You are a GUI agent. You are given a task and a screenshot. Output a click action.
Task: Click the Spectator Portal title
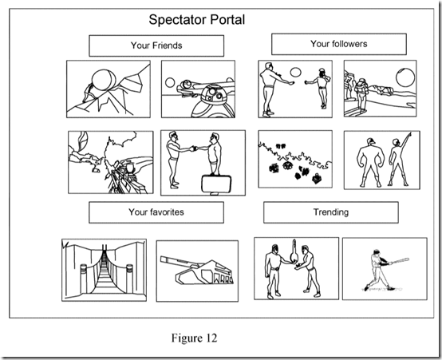(x=197, y=20)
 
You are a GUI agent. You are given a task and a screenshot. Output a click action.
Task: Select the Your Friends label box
(x=156, y=45)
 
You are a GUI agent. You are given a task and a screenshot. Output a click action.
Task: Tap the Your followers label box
(x=339, y=44)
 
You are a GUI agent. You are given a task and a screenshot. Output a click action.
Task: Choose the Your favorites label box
(x=156, y=212)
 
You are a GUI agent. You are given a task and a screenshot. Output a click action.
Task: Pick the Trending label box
(x=331, y=212)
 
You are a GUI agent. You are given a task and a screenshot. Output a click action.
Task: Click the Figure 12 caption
(x=194, y=338)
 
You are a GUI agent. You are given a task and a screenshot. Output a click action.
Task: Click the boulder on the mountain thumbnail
(x=104, y=80)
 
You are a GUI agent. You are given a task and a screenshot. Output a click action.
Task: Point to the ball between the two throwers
(x=296, y=72)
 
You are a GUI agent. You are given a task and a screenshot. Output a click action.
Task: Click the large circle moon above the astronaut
(x=405, y=77)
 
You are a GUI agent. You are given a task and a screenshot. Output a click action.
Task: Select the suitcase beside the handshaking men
(x=216, y=184)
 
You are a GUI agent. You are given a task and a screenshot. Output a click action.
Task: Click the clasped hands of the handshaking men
(x=194, y=148)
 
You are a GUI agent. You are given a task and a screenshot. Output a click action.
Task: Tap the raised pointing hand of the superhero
(x=408, y=136)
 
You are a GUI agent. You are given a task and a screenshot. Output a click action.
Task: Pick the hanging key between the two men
(x=294, y=252)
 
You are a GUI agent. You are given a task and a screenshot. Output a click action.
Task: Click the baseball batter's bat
(x=400, y=261)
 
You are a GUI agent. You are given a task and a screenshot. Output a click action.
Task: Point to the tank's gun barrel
(x=179, y=262)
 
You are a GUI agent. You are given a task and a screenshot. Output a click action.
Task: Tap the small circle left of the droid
(x=170, y=83)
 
